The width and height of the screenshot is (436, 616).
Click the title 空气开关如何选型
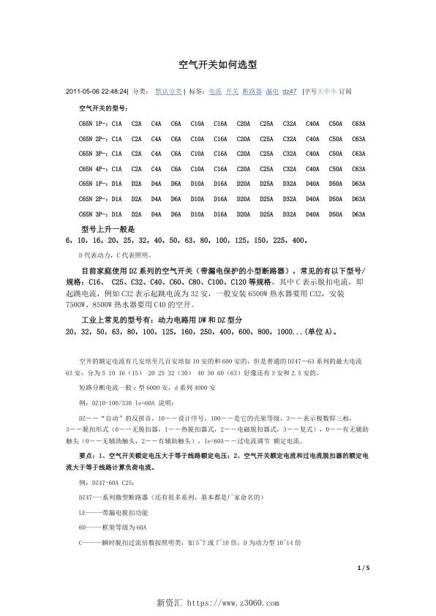point(217,65)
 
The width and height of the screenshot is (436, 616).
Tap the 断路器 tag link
point(251,92)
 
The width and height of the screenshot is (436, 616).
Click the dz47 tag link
point(289,92)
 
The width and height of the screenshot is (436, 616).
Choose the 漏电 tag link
point(271,92)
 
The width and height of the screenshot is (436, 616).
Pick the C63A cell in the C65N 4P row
point(358,168)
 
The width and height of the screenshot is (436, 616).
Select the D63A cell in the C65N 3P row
point(358,214)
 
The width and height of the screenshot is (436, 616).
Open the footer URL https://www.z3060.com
point(233,603)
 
